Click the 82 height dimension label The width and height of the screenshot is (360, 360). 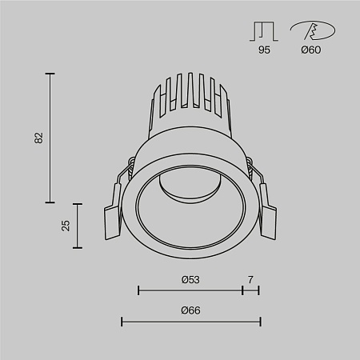coord(39,138)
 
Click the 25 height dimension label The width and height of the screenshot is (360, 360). coord(67,225)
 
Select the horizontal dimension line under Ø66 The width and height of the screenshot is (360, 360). coord(190,322)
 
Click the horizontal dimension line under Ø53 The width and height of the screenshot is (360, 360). coord(190,290)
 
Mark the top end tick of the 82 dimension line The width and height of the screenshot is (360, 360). coord(52,74)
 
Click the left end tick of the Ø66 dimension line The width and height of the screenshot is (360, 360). coord(121,322)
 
